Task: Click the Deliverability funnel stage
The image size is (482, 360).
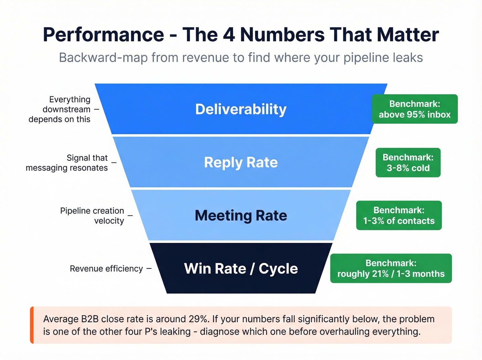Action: (x=241, y=109)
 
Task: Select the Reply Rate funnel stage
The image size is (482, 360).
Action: (x=241, y=162)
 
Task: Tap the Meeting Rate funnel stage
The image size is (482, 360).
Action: (x=241, y=215)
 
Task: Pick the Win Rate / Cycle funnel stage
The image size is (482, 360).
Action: (x=241, y=268)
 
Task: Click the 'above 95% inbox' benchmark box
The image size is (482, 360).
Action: (x=415, y=109)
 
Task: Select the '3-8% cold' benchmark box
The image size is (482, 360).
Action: (x=408, y=163)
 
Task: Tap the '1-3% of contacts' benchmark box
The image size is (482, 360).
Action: (x=399, y=215)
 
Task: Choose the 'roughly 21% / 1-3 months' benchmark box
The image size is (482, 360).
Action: (x=391, y=268)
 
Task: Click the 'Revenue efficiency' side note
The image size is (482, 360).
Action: (x=106, y=269)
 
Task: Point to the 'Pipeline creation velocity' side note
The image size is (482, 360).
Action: (x=92, y=216)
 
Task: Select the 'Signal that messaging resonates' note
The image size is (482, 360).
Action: (x=67, y=163)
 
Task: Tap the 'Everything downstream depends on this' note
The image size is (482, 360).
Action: (x=60, y=109)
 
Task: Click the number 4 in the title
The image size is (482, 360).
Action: (x=229, y=35)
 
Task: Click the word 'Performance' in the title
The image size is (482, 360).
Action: (x=103, y=35)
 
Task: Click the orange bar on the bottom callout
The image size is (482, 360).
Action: (x=32, y=325)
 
